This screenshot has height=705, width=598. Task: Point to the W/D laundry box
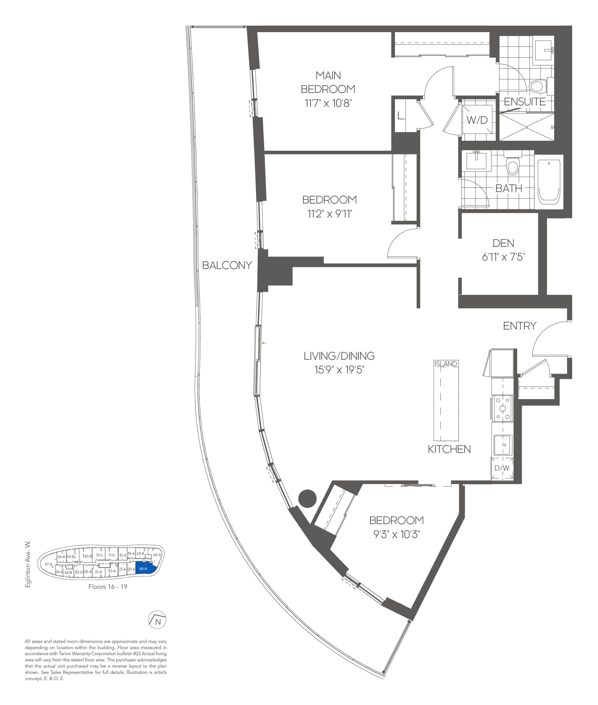pos(477,119)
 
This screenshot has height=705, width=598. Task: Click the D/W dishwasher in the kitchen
pos(502,468)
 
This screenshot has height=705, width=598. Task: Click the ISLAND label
pos(446,364)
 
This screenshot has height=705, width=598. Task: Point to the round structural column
pos(307,498)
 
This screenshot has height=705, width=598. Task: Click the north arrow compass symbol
pos(157,620)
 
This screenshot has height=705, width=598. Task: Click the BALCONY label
pos(227,265)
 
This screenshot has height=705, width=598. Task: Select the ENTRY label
pos(519,326)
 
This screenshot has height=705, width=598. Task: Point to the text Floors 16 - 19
pos(108,586)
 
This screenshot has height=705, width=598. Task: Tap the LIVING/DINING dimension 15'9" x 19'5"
pos(339,369)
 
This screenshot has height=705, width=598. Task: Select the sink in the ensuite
pos(543,51)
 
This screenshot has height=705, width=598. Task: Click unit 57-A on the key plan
pos(49,564)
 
